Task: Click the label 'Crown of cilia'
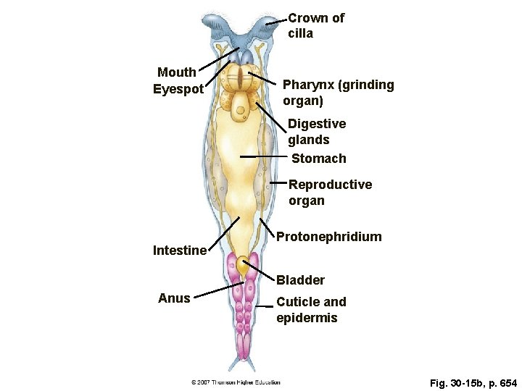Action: point(315,25)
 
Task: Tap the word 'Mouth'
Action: point(177,72)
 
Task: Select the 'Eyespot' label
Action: point(178,90)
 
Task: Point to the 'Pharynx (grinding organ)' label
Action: point(338,93)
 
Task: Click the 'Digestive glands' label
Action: point(316,132)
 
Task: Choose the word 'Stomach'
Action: point(318,159)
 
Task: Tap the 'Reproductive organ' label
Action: point(330,193)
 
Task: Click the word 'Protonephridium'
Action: point(328,237)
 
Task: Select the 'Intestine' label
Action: point(180,251)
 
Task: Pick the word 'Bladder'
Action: point(300,279)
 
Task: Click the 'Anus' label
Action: point(174,298)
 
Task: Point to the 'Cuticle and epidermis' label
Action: point(311,309)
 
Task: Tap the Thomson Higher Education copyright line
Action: point(236,382)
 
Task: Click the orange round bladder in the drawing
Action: point(243,266)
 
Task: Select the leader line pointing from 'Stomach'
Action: point(264,156)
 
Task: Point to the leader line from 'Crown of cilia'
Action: point(276,22)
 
